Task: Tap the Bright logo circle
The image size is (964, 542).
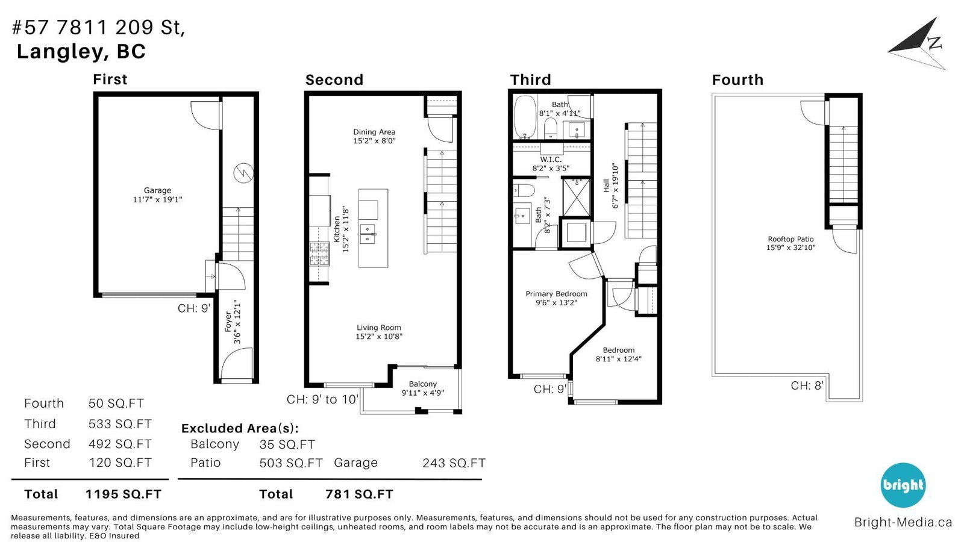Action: [903, 485]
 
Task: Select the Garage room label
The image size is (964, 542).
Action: [157, 195]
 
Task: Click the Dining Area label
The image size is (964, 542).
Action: [374, 136]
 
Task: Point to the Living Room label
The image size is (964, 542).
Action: [379, 332]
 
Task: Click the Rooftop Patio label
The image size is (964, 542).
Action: [790, 243]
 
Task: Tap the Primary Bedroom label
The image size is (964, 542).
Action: [557, 298]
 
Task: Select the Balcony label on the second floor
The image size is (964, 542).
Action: [422, 388]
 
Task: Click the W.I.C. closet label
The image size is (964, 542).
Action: [551, 163]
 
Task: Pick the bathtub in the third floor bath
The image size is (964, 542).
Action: [525, 117]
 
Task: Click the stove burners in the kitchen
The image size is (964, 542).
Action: [319, 254]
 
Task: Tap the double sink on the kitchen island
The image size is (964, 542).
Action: [368, 234]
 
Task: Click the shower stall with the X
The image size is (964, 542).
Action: [576, 198]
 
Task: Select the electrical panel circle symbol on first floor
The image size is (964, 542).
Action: [243, 173]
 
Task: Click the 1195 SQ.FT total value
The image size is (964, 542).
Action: [123, 494]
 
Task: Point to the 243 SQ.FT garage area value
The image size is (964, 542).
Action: [454, 463]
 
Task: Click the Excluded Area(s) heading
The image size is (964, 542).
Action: [240, 428]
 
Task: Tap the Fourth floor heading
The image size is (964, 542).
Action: [737, 80]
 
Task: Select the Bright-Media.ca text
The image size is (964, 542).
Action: [903, 522]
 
